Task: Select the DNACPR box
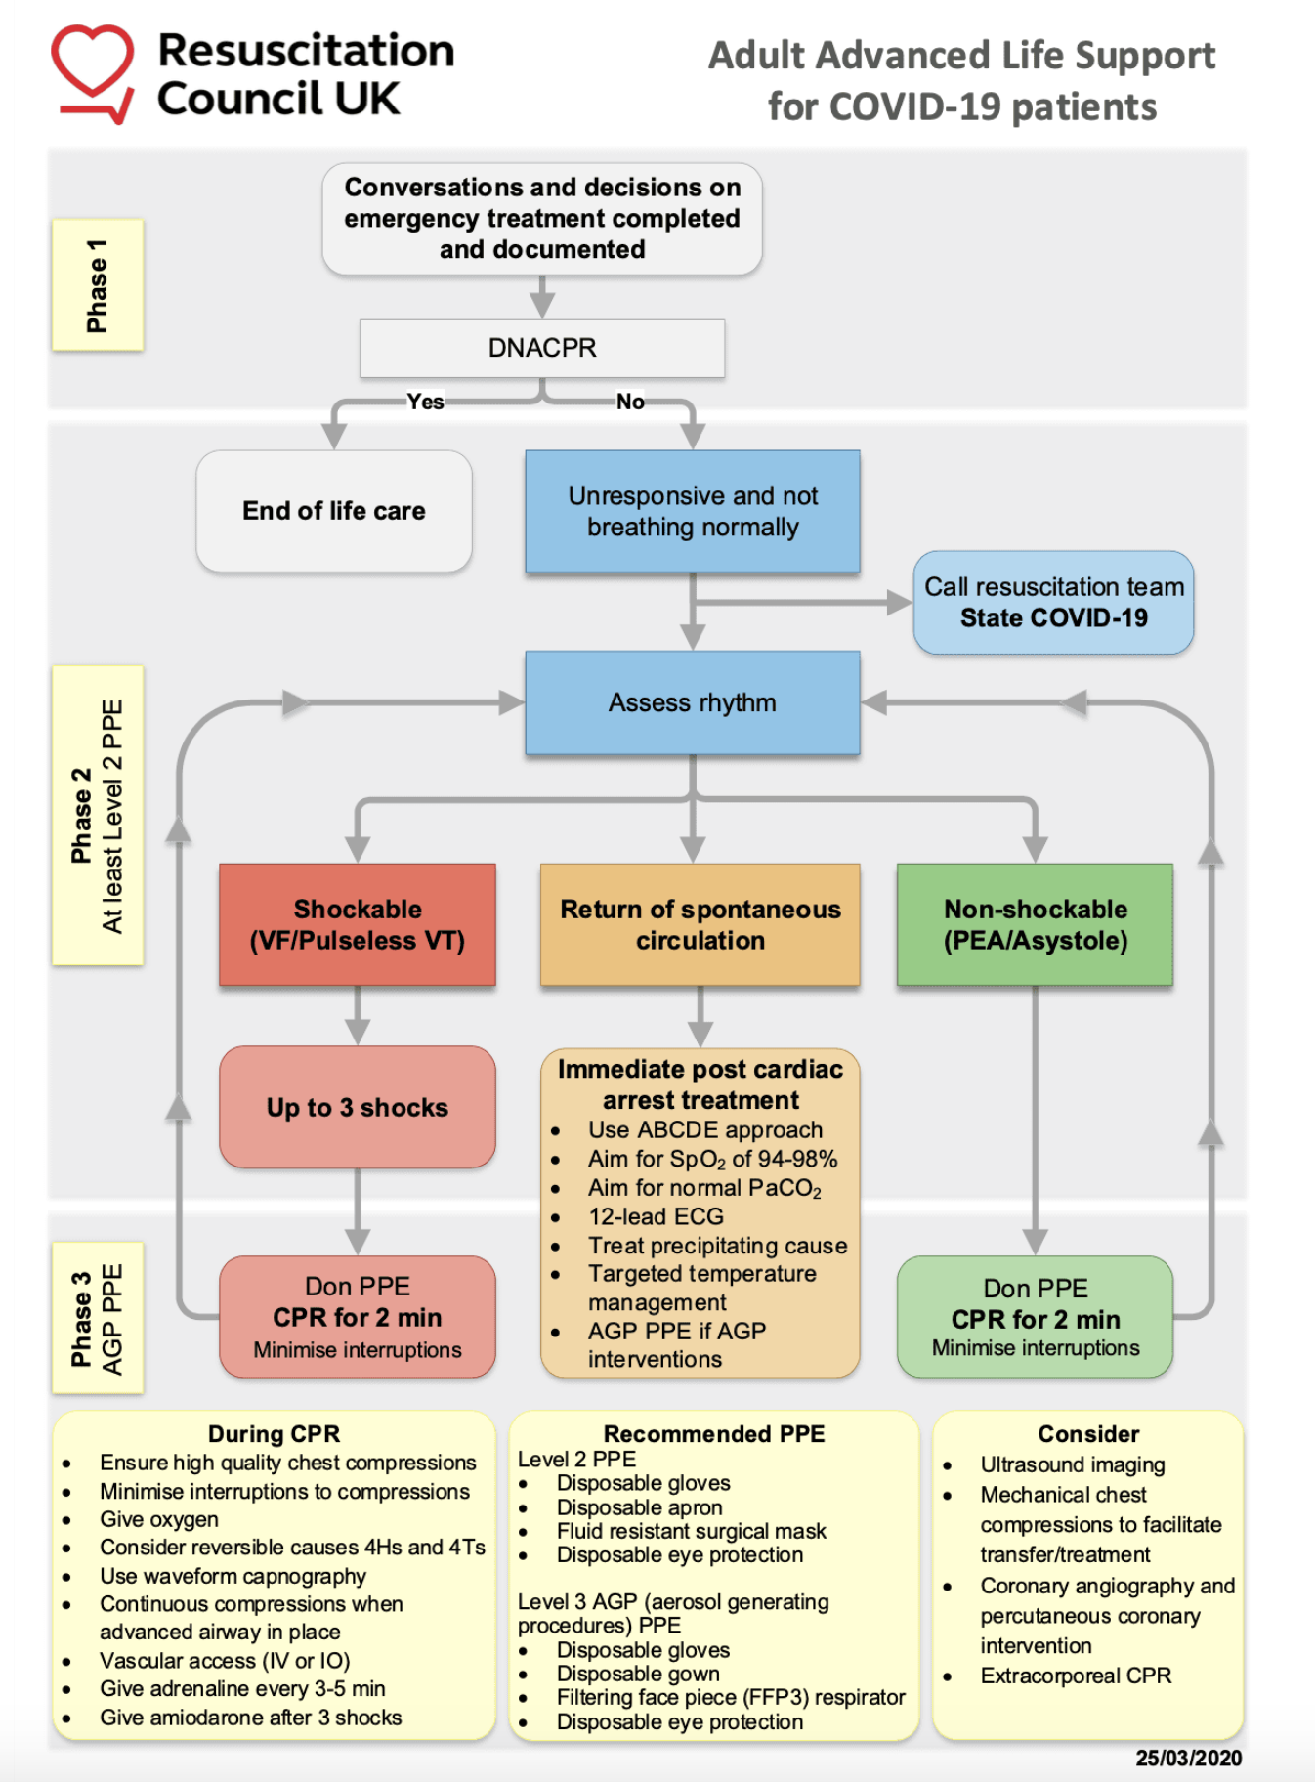542,348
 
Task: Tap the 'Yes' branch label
425,402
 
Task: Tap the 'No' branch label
630,402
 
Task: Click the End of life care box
334,511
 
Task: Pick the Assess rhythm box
692,702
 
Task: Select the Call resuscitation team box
1053,602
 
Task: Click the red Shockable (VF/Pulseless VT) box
358,924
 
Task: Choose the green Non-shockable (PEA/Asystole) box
1035,924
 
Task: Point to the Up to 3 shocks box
358,1107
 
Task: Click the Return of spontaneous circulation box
700,924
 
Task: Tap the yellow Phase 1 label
98,284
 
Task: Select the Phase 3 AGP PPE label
98,1317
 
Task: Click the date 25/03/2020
1188,1758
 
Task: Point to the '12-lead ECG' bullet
656,1216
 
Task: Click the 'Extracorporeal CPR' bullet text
1075,1676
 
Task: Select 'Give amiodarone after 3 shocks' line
250,1718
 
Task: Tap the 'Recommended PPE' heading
713,1433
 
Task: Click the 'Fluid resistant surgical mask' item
691,1531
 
